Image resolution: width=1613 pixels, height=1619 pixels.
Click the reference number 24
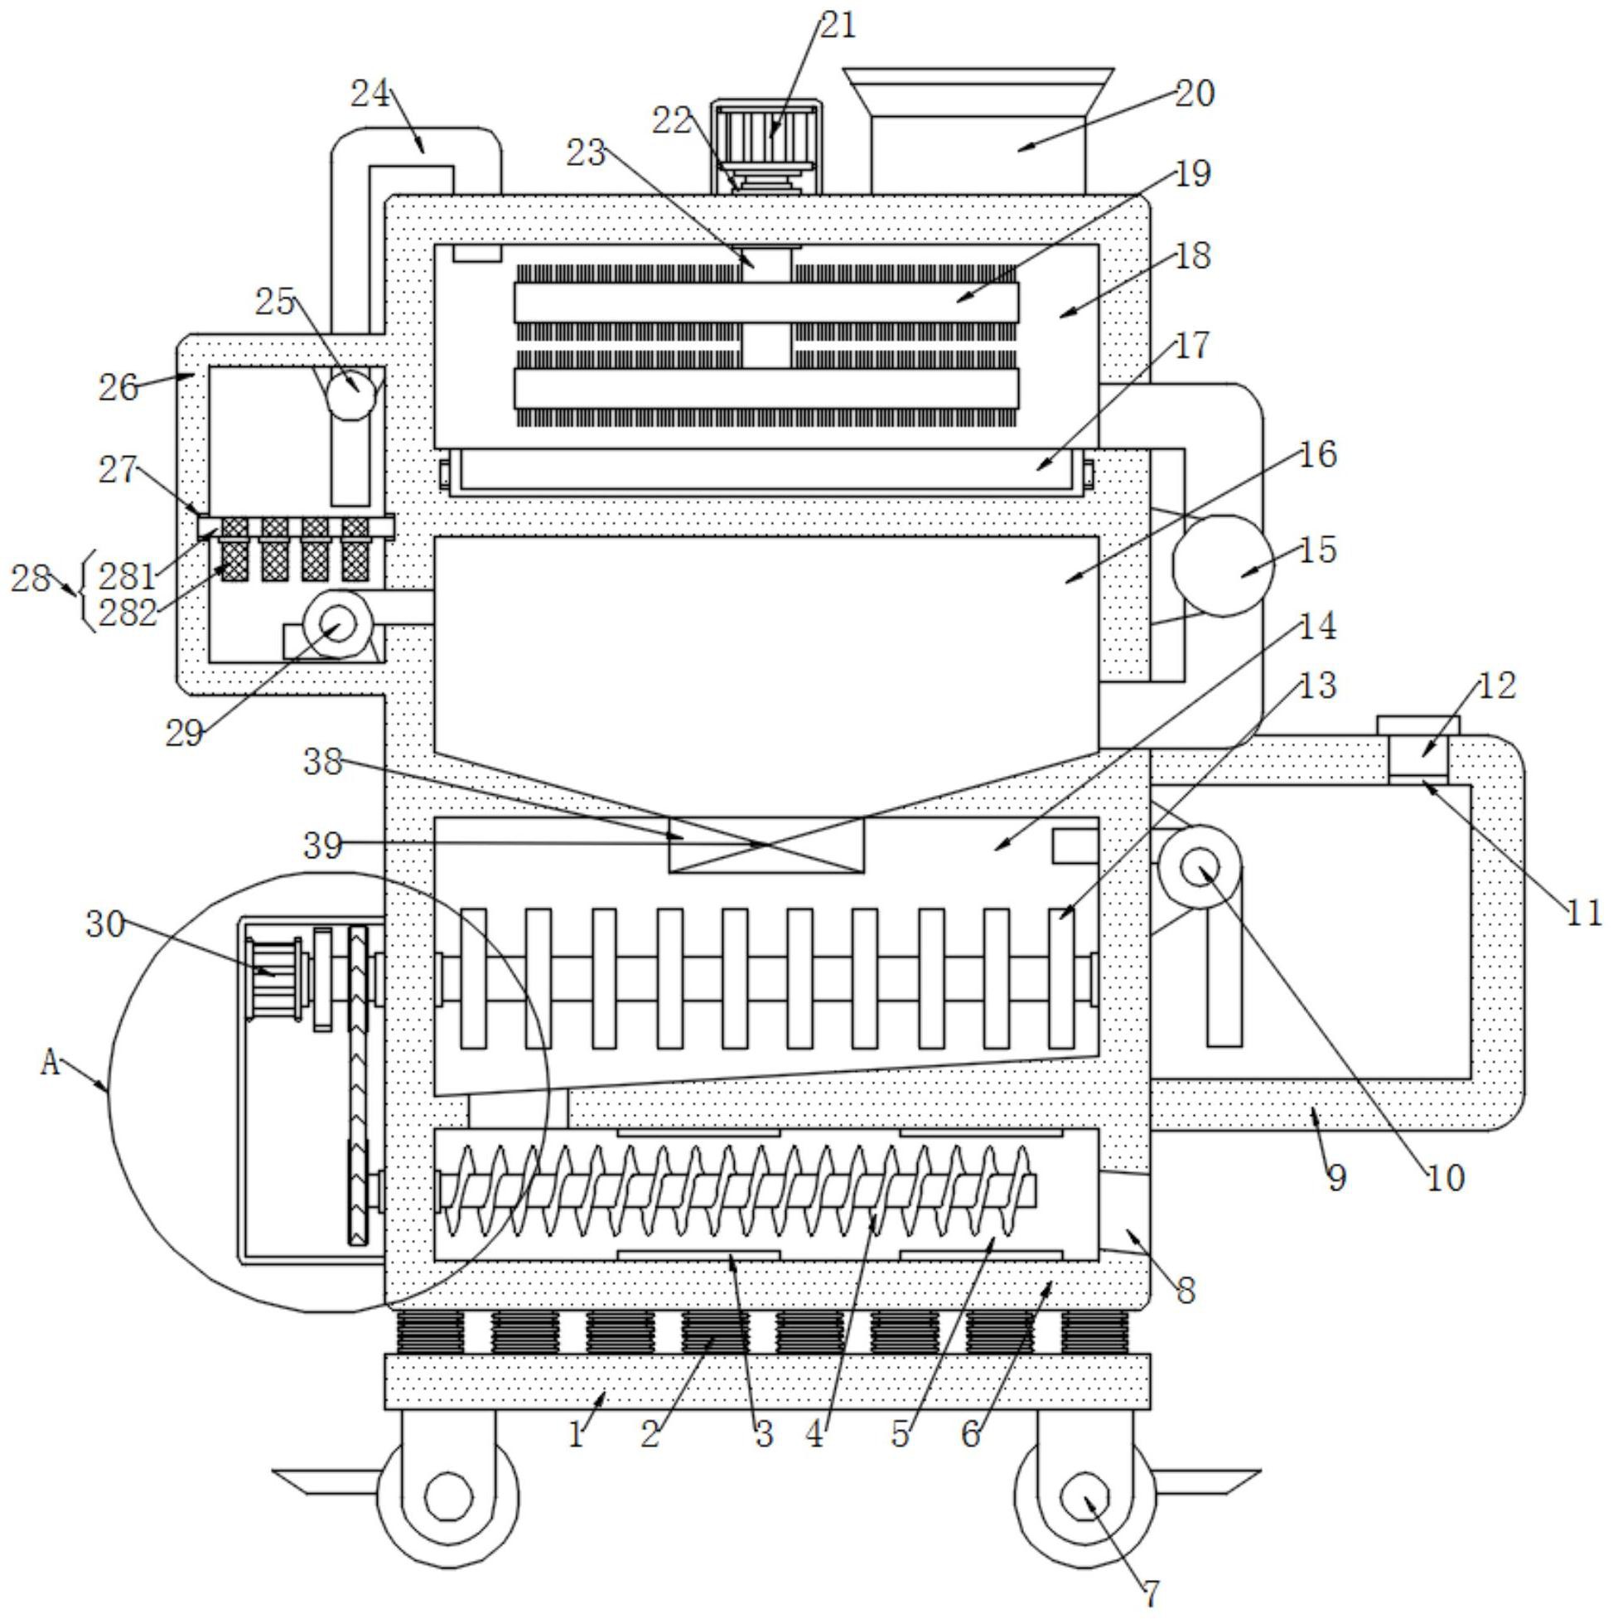click(370, 93)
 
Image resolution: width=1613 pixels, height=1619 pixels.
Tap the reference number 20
click(1195, 93)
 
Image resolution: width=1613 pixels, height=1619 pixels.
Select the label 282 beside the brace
click(128, 613)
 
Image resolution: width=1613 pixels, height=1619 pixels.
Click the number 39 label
click(323, 846)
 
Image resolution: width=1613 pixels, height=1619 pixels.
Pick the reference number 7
click(1151, 1592)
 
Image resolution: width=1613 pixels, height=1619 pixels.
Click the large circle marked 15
click(1223, 565)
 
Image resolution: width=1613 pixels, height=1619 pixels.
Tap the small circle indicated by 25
click(351, 394)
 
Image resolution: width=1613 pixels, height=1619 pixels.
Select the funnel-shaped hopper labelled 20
click(979, 131)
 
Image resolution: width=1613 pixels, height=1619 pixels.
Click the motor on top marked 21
click(766, 144)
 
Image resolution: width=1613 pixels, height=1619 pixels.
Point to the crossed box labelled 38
click(766, 845)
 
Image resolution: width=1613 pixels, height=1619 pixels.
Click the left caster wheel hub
click(449, 1495)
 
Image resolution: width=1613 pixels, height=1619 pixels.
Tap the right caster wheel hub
click(1085, 1495)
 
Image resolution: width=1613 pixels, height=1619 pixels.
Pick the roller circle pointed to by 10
click(1200, 866)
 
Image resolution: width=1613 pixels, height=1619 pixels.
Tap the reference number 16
click(1318, 454)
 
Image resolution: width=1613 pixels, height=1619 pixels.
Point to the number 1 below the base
click(575, 1436)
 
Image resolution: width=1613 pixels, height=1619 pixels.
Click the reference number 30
click(105, 925)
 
